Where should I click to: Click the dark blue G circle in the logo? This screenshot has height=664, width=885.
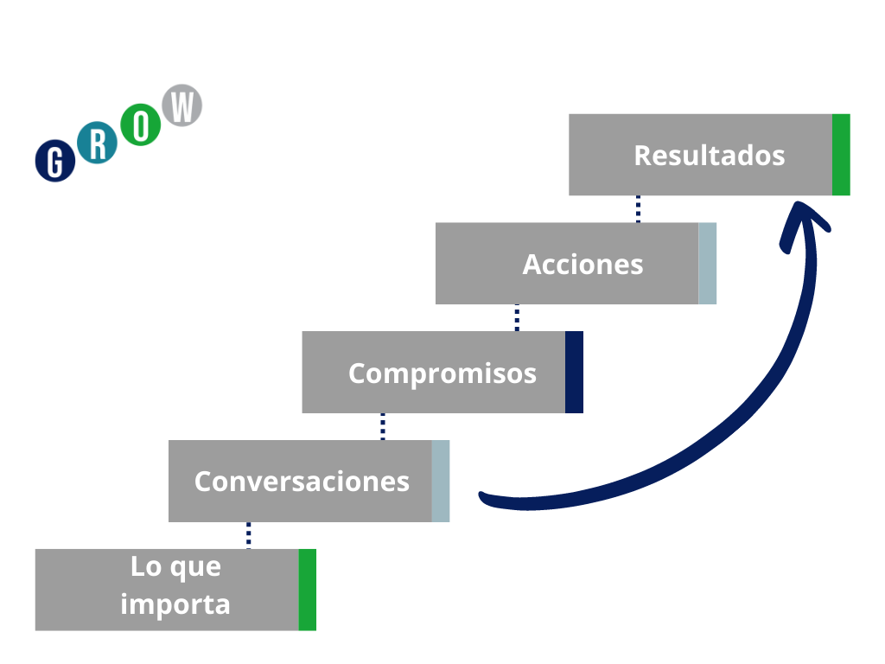55,160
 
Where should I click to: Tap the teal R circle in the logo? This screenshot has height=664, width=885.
98,144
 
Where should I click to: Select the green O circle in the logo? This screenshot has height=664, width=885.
141,127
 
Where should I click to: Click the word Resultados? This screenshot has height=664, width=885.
709,156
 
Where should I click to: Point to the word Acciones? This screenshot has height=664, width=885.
583,264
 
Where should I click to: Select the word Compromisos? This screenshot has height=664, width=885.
442,373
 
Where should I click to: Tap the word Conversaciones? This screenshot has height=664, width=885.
302,481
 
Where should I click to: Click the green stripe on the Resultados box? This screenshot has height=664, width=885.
841,155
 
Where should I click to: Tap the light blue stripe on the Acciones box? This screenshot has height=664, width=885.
707,264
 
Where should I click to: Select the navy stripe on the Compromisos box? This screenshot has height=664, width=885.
574,372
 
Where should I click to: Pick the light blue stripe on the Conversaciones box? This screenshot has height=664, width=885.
441,481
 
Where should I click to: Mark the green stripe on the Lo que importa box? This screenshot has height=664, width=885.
307,590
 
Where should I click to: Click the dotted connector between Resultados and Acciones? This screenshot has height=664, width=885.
638,209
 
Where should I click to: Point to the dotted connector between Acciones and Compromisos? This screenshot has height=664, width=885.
517,317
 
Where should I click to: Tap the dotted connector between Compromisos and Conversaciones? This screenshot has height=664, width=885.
383,426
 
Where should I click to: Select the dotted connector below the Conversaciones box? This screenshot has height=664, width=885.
249,535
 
